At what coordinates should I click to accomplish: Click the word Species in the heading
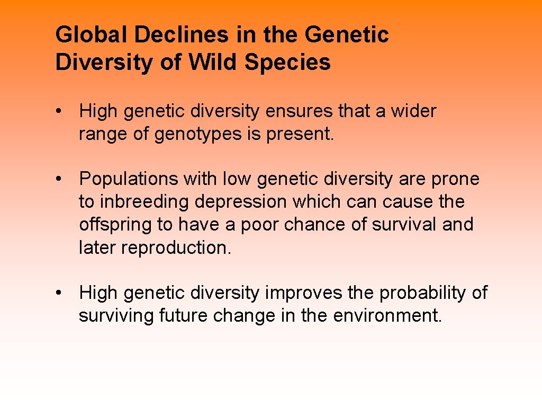point(287,62)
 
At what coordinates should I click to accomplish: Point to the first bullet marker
point(62,112)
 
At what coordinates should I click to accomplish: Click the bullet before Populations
point(62,180)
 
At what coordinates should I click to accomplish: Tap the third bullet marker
point(62,293)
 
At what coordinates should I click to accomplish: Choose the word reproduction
point(176,247)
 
